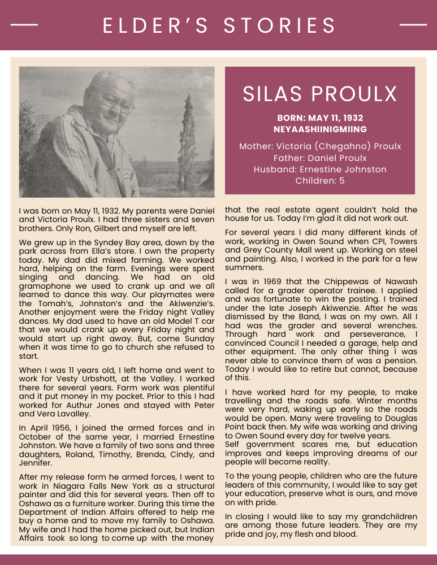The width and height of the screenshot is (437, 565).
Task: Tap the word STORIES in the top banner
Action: coord(280,25)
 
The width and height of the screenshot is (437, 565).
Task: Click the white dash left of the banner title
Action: coord(24,25)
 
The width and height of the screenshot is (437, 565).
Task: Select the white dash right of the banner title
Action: coord(413,25)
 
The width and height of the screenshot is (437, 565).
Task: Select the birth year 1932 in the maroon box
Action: coord(351,118)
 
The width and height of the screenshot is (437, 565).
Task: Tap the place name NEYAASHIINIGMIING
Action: coord(320,129)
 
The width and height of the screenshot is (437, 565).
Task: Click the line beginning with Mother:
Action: coord(320,146)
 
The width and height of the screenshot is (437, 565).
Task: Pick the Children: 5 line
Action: coord(320,181)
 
